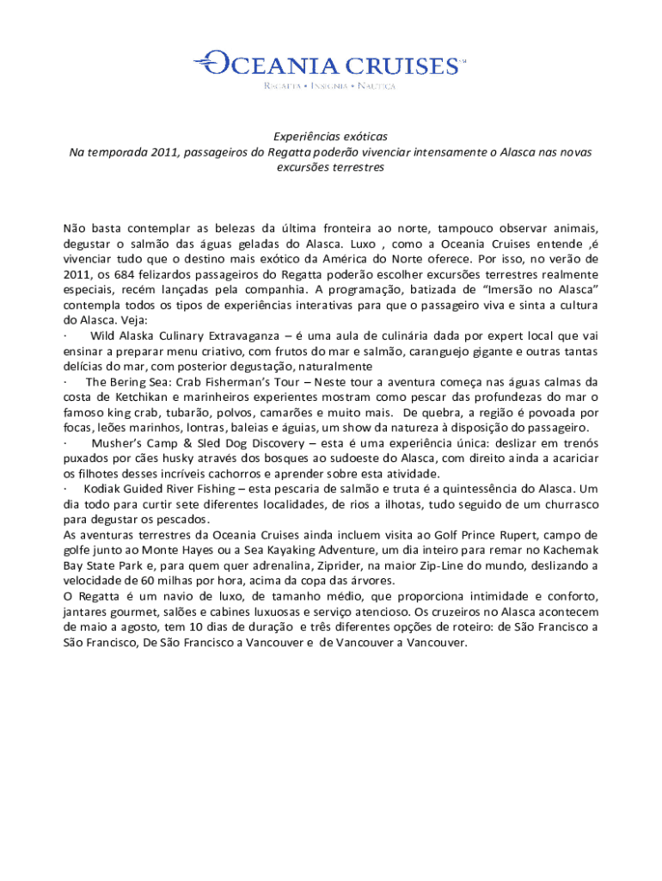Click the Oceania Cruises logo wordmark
(331, 65)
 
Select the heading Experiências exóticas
(331, 137)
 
